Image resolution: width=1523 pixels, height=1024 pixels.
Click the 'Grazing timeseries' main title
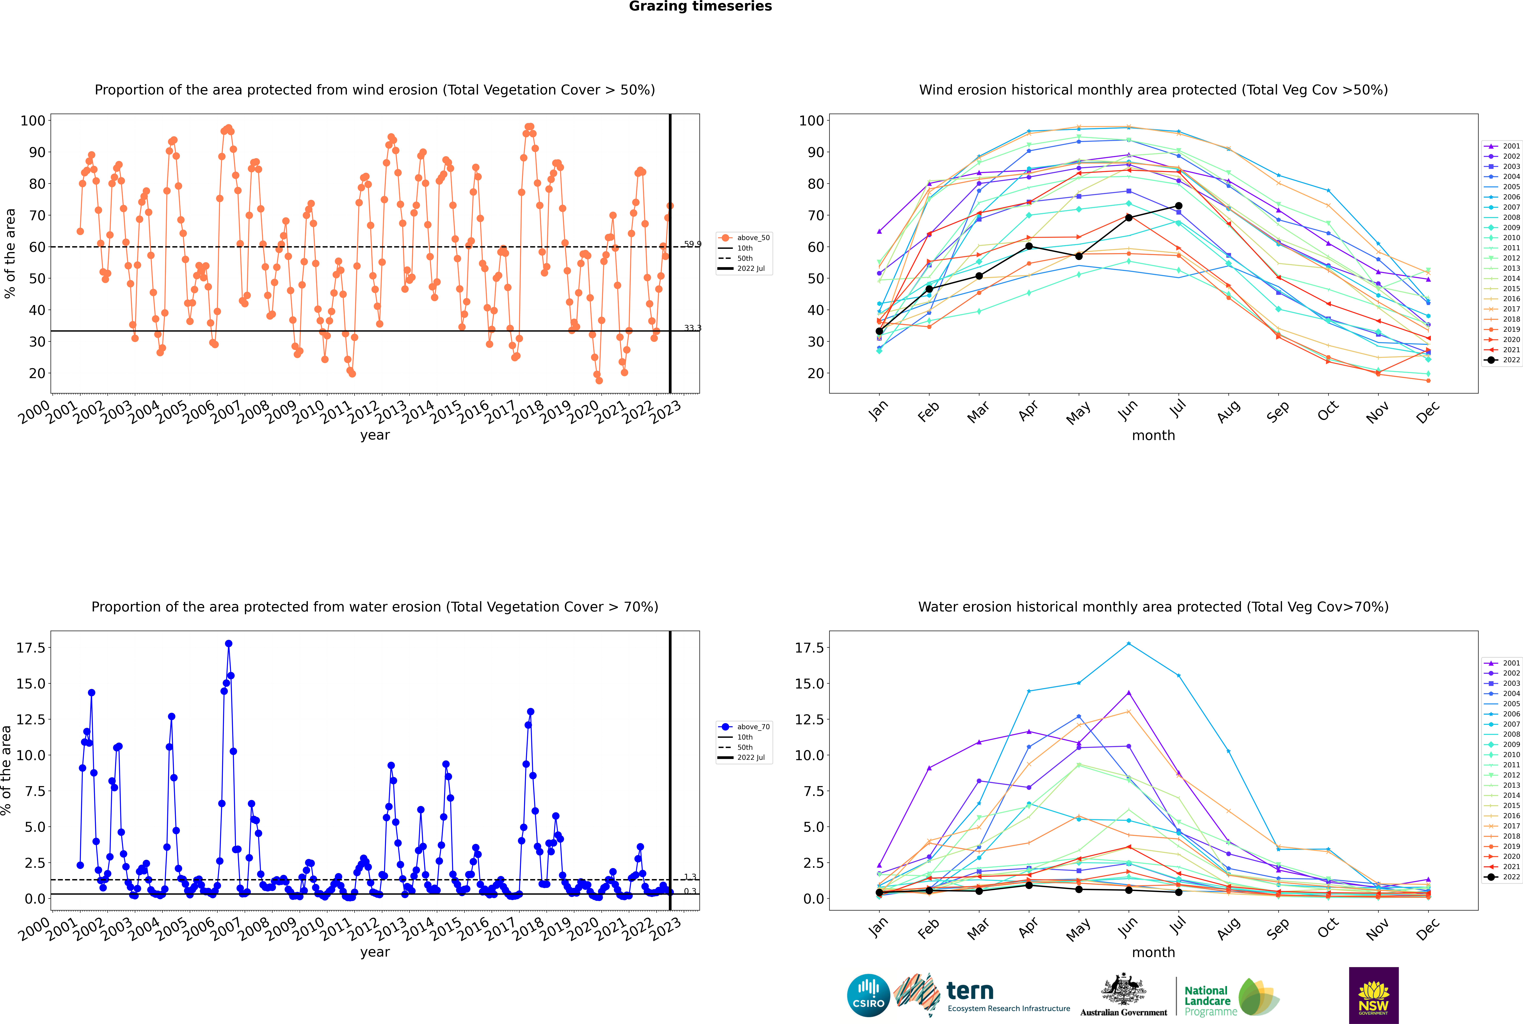[x=700, y=6]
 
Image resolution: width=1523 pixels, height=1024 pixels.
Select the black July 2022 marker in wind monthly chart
[x=1178, y=206]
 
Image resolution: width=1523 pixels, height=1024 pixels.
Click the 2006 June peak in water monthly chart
[x=1129, y=644]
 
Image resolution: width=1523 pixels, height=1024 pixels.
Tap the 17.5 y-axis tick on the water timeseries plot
[x=31, y=648]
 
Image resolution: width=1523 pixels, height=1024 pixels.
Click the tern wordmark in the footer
[x=970, y=991]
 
